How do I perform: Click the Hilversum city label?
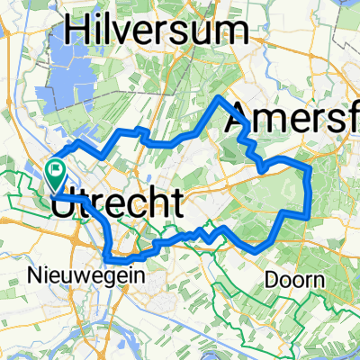click(158, 31)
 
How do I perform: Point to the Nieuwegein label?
click(97, 276)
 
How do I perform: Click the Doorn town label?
click(295, 280)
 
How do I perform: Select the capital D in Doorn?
click(271, 280)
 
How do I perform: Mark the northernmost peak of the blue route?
click(219, 96)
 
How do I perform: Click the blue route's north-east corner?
click(309, 166)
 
